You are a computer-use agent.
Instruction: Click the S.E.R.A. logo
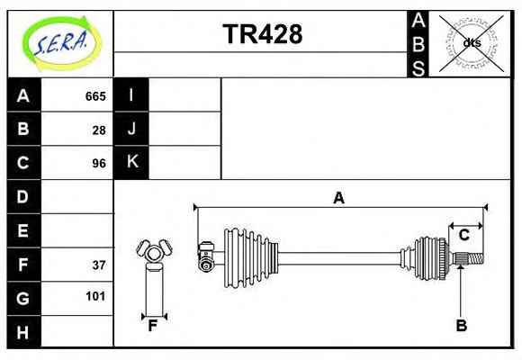[61, 43]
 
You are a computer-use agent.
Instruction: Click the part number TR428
[263, 34]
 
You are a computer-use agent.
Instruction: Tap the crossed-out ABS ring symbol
[471, 43]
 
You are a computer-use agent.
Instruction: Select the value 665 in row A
[95, 96]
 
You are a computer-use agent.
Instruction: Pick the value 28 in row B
[99, 130]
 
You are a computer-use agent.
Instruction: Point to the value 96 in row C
[99, 164]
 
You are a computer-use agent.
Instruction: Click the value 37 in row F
[99, 265]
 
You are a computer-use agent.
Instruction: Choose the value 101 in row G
[95, 296]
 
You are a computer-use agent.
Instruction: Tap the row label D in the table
[22, 197]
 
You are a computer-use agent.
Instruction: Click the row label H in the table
[22, 332]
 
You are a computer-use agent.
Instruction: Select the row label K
[132, 161]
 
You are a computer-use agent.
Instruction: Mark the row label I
[131, 94]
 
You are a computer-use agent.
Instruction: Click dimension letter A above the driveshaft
[339, 198]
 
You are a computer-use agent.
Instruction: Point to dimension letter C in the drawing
[464, 235]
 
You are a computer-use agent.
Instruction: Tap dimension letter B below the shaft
[462, 326]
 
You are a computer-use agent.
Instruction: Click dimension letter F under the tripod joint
[152, 326]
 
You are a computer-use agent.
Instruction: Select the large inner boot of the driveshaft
[251, 258]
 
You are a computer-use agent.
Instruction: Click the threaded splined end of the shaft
[469, 259]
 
